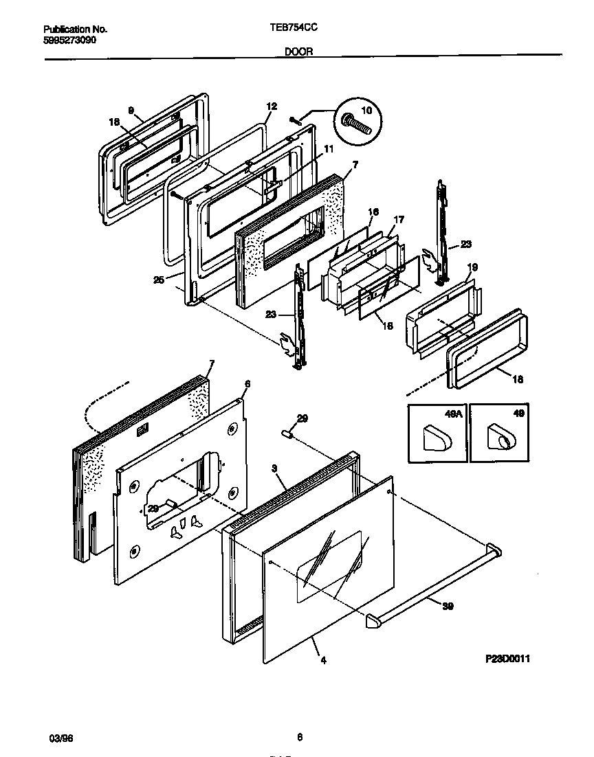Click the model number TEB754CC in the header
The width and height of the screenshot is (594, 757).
coord(298,30)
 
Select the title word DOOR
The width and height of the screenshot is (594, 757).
coord(298,51)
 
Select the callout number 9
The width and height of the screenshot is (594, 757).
coord(130,109)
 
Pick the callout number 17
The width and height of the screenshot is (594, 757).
coord(398,220)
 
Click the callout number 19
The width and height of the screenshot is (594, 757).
coord(472,267)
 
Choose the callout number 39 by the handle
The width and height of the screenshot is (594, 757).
coord(448,607)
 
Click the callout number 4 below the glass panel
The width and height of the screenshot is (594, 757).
coord(323,661)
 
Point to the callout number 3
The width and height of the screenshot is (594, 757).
coord(274,468)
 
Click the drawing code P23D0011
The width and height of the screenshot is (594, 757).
coord(507,658)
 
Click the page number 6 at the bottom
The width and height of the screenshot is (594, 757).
coord(299,738)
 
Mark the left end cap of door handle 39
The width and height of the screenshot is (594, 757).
coord(375,621)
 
